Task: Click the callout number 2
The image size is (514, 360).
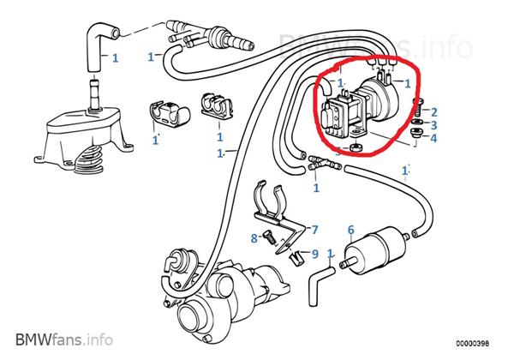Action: pyautogui.click(x=434, y=112)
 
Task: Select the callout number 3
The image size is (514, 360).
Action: pyautogui.click(x=434, y=125)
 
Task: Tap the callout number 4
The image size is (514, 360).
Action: pyautogui.click(x=434, y=138)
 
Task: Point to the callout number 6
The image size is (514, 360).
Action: pyautogui.click(x=350, y=229)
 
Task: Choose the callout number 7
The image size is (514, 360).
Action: pyautogui.click(x=314, y=230)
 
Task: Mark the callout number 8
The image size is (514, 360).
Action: pyautogui.click(x=254, y=237)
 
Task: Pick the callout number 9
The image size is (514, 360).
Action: pyautogui.click(x=314, y=254)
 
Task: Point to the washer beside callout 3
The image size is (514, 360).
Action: pyautogui.click(x=415, y=126)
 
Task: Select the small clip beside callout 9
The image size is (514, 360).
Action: pyautogui.click(x=295, y=255)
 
